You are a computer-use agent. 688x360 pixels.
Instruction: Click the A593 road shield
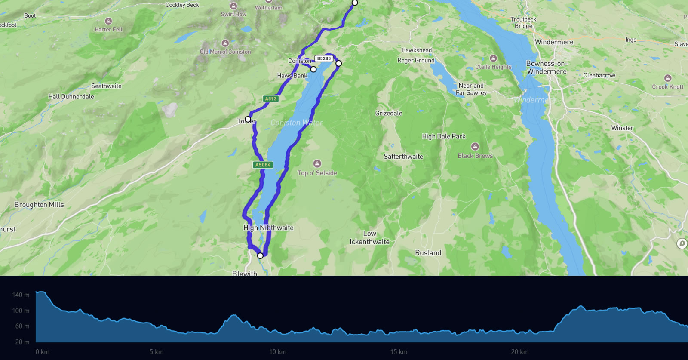point(271,99)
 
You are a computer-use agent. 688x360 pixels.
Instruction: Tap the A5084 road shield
point(263,165)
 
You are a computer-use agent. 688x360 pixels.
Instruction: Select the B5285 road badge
point(324,58)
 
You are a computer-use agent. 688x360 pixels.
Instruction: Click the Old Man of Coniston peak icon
point(225,43)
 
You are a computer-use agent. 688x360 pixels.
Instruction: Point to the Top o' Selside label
point(317,173)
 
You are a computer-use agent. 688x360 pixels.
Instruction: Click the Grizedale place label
point(389,113)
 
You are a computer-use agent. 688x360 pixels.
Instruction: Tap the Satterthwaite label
point(403,157)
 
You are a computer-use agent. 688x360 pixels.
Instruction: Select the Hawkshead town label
point(416,50)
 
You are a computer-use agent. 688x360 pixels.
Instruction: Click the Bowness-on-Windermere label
point(547,68)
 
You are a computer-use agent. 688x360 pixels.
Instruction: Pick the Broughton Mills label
point(39,205)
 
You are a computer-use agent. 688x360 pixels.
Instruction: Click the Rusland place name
point(428,253)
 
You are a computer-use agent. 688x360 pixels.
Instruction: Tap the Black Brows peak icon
point(475,147)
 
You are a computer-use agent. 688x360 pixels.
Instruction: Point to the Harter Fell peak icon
point(108,21)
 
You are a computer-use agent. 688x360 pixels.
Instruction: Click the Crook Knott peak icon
point(667,78)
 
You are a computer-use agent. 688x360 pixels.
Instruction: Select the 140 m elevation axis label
point(21,295)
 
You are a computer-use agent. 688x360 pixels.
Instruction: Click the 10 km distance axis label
point(278,352)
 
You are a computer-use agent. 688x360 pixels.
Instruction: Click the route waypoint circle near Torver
point(248,119)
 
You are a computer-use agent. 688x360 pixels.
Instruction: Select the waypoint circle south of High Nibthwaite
point(260,256)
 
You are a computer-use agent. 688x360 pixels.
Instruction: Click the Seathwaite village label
point(106,86)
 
